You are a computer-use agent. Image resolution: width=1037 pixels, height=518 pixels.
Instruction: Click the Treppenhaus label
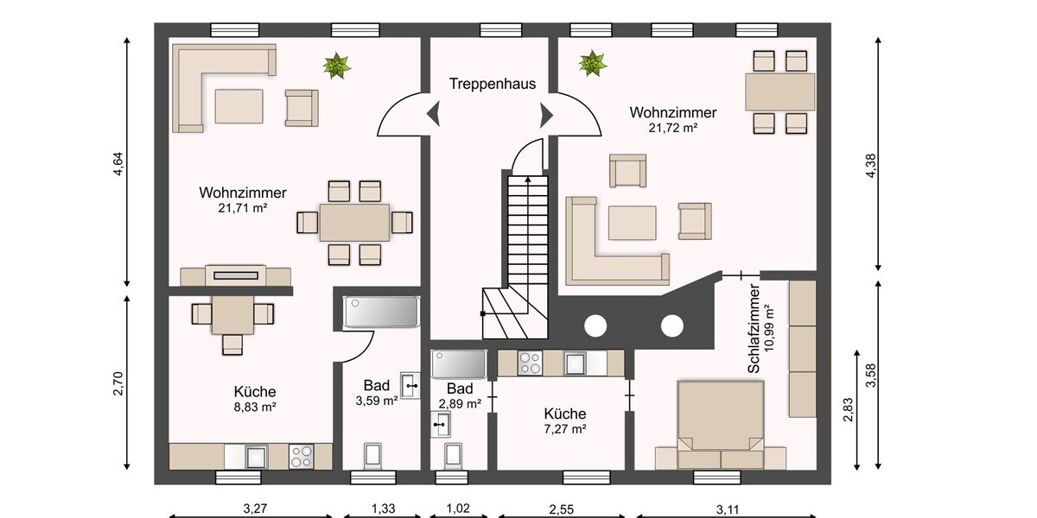tap(493, 84)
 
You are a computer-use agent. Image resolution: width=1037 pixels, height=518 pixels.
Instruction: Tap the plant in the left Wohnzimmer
tap(336, 66)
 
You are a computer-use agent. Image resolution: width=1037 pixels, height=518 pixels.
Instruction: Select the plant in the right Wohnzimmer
tap(593, 63)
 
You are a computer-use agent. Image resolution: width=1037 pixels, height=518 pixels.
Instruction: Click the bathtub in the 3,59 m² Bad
tap(381, 313)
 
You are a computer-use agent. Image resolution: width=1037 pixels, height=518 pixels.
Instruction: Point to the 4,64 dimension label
tap(118, 164)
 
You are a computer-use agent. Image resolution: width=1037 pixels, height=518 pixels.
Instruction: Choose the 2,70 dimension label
tap(118, 383)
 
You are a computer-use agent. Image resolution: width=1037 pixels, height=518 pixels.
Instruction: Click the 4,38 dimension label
tap(871, 166)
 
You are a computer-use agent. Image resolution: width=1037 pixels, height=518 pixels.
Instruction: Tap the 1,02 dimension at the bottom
tap(458, 509)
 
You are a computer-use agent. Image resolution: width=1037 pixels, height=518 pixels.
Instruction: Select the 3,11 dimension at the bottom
tap(728, 509)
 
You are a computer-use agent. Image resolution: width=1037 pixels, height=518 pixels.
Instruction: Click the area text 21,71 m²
tap(243, 208)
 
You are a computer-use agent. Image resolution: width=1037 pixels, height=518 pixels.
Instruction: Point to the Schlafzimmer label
tap(754, 328)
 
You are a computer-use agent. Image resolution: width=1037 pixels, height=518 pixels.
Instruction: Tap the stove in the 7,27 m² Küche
tap(530, 363)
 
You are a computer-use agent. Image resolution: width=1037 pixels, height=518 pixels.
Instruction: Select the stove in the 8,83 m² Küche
tap(302, 456)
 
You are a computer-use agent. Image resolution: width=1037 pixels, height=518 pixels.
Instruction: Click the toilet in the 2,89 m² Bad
tap(452, 456)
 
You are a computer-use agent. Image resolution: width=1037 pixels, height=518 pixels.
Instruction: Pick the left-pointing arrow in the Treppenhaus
tap(434, 114)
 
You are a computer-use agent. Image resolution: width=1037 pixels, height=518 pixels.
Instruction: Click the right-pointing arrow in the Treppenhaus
tap(546, 115)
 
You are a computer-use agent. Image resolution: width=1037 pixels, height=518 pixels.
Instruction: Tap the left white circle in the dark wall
tap(595, 326)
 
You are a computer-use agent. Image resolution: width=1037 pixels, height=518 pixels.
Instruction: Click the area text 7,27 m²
tap(565, 429)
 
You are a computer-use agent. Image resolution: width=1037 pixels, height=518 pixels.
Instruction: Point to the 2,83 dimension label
tap(848, 410)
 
